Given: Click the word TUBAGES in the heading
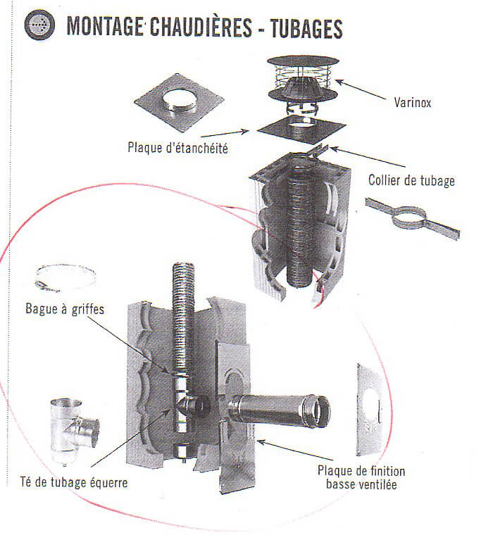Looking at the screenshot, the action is pyautogui.click(x=299, y=27).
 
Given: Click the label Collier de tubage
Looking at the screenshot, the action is pyautogui.click(x=411, y=180).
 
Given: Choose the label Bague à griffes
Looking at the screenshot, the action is pyautogui.click(x=61, y=308).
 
